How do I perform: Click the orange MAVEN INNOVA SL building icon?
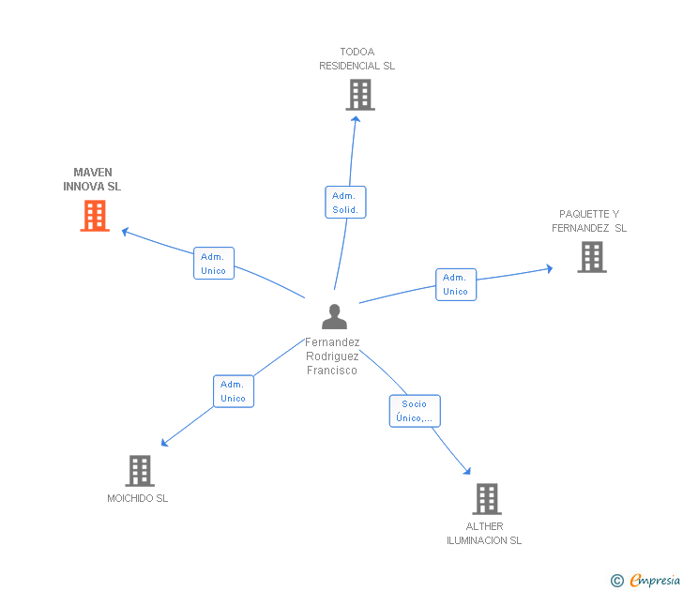95,217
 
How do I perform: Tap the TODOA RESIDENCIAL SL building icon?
359,95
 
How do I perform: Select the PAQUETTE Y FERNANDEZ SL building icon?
591,257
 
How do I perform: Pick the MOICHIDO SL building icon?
140,471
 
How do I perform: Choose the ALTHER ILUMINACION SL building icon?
486,499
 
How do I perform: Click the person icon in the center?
334,317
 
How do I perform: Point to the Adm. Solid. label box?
345,203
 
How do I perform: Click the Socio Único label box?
415,411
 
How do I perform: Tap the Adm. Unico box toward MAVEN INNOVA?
214,264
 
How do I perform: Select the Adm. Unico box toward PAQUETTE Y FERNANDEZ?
456,284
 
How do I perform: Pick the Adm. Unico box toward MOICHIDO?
233,391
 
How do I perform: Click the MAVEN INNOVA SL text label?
92,179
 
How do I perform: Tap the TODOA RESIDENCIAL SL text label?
357,59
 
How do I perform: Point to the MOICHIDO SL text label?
137,499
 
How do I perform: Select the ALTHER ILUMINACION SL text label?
484,533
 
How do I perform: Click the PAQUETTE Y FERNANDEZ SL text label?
589,220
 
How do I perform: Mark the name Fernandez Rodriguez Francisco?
332,356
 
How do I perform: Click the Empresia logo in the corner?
654,581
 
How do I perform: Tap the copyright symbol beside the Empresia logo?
617,581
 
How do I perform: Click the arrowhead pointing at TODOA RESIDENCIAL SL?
356,119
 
